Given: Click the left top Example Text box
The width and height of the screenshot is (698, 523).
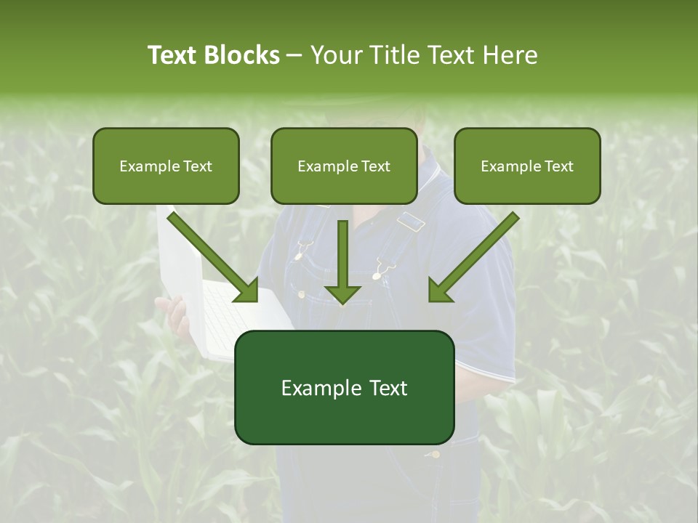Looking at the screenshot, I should (x=166, y=166).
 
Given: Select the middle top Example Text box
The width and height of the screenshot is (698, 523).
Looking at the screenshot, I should (x=344, y=166).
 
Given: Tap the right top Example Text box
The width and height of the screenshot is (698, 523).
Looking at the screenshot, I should (x=527, y=166).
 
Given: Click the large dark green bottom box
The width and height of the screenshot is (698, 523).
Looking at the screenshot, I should (x=344, y=387).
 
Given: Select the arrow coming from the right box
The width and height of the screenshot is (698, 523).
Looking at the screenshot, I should (x=473, y=258).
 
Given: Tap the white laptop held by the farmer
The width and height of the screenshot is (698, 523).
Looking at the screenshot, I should (x=218, y=305).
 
